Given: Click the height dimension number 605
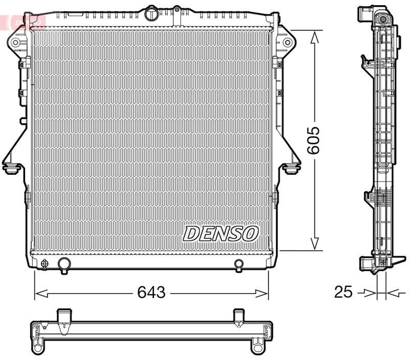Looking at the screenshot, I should [313, 140].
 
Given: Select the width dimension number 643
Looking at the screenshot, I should [151, 292].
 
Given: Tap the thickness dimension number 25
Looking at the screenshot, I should [344, 292].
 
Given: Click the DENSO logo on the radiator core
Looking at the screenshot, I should [220, 233].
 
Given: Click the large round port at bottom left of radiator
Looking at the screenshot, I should [64, 264].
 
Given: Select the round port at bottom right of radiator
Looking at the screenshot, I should [239, 264].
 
